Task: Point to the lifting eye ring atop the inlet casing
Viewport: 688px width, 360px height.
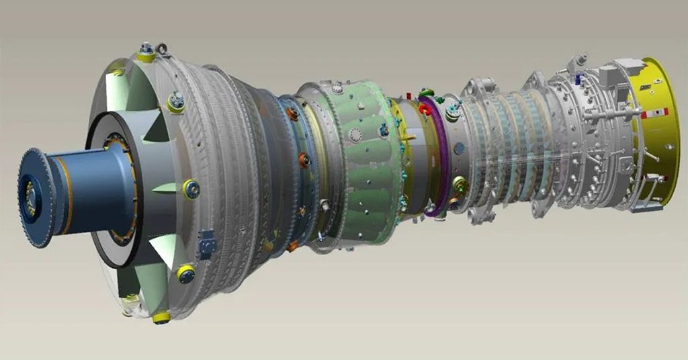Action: click(161, 48)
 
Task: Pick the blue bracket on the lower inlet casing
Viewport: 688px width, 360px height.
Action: click(206, 245)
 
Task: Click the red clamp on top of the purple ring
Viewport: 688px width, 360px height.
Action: click(425, 108)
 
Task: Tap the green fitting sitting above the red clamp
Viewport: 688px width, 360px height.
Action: click(425, 93)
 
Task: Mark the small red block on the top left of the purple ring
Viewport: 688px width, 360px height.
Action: click(407, 96)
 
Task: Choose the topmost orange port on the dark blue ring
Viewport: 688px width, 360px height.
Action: click(293, 114)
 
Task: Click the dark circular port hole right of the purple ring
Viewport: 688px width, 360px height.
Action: click(460, 148)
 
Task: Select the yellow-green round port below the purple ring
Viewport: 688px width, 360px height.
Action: click(460, 183)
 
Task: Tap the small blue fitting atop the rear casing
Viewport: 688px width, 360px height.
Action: click(576, 79)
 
